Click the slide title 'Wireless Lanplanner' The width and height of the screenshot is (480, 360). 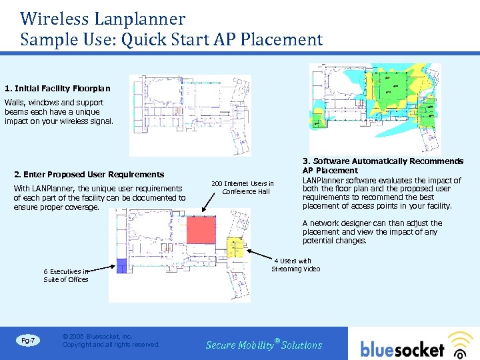point(103,18)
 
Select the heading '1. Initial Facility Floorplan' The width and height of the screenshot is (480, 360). point(57,88)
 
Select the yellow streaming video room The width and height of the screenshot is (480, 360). point(237,246)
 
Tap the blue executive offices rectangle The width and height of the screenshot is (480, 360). point(121,265)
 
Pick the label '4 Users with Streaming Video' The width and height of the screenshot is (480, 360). point(295,265)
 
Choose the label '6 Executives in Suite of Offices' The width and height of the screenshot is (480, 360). point(65,275)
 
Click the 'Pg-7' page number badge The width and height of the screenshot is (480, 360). point(29,341)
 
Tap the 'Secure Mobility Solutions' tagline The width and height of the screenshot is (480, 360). point(263,345)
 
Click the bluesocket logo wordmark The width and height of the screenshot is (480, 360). point(402,349)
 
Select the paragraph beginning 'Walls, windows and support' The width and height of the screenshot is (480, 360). point(59,112)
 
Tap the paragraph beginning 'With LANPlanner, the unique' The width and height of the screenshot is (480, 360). point(99,198)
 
